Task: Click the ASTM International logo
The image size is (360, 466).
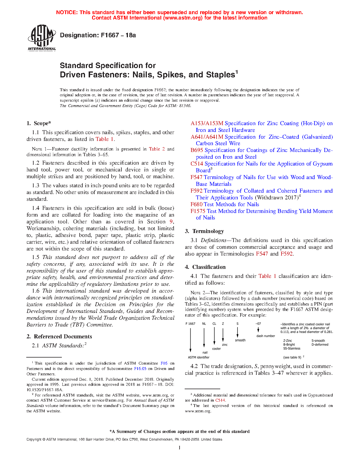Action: [42, 38]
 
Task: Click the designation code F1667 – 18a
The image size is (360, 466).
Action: [98, 35]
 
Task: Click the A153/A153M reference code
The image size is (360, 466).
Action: [207, 123]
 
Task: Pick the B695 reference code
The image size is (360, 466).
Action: [197, 150]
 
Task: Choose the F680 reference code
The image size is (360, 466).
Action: [197, 204]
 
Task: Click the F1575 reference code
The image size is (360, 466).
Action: [198, 211]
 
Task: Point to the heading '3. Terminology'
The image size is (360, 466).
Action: [204, 231]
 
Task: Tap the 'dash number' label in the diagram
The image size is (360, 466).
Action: [265, 336]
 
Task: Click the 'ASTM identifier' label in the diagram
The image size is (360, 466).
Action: [198, 358]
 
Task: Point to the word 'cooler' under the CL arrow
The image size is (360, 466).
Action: [216, 349]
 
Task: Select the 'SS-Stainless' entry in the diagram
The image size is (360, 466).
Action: [292, 349]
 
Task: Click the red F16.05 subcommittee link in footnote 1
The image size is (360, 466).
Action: [140, 369]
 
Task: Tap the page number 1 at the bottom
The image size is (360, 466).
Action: [179, 448]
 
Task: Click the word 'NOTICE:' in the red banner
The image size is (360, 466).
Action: [67, 12]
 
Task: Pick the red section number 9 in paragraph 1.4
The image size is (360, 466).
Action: [171, 222]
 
